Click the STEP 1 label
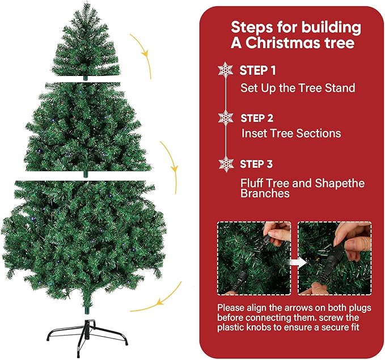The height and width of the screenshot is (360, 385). [257, 71]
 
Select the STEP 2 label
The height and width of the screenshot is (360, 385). [257, 118]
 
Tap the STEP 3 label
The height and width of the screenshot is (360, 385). [257, 164]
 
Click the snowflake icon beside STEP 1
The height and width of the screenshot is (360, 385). [226, 70]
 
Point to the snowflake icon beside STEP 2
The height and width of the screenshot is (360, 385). [226, 118]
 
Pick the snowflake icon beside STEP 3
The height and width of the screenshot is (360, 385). [226, 164]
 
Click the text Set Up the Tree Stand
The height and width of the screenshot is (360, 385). [298, 88]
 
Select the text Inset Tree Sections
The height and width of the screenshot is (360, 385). [291, 134]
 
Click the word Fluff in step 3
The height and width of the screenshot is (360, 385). [252, 184]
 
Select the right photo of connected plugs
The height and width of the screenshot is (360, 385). [335, 258]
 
